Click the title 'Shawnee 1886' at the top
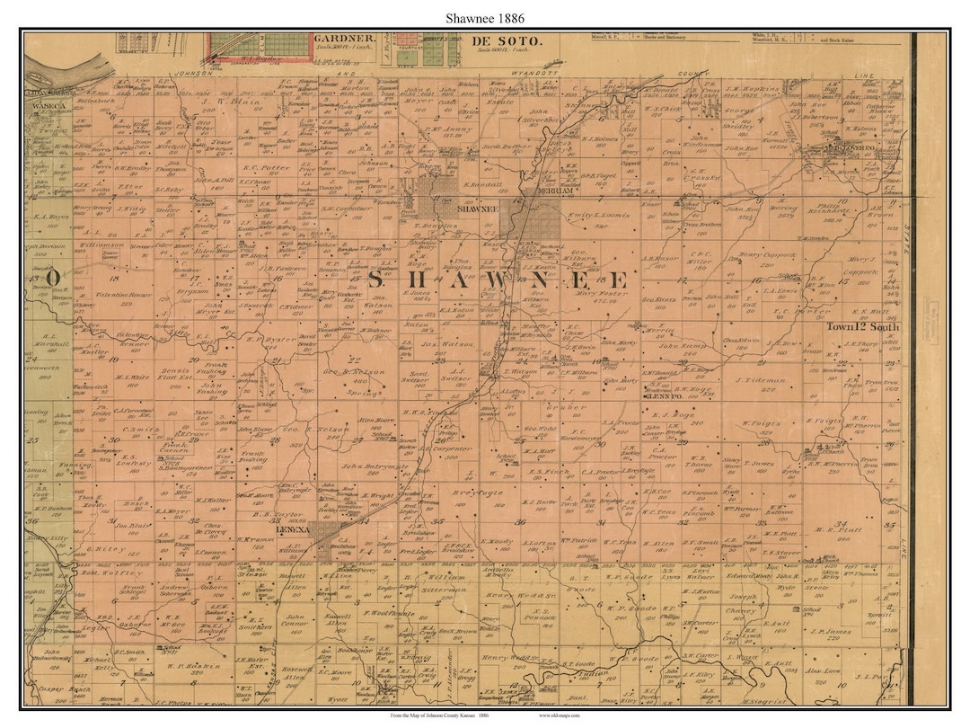click(484, 17)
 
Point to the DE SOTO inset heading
click(507, 41)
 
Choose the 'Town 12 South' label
click(862, 327)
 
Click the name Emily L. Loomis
click(602, 218)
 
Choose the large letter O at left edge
click(54, 278)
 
